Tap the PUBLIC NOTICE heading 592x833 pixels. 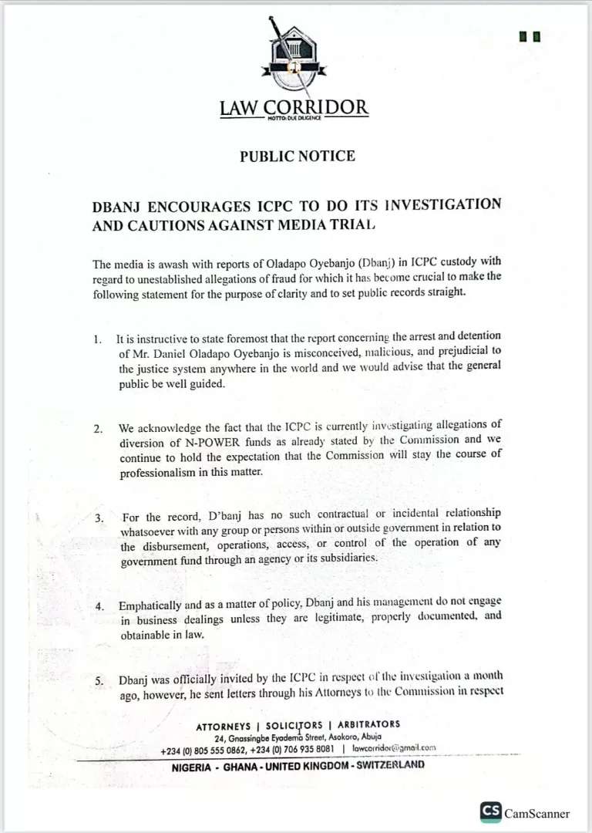click(297, 157)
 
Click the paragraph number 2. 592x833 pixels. click(98, 429)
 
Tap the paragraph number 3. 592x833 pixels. click(99, 518)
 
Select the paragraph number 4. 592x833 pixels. click(99, 606)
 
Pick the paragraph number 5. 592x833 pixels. click(99, 681)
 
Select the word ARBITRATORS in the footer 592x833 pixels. click(369, 725)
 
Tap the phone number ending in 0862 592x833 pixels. click(204, 749)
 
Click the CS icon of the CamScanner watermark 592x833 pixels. click(490, 812)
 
